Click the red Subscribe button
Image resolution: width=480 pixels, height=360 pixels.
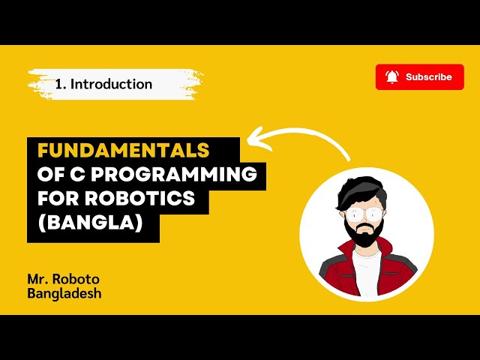(419, 76)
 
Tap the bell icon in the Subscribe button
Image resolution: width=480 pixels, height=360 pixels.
(391, 76)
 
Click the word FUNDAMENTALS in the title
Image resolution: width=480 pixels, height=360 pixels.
(123, 148)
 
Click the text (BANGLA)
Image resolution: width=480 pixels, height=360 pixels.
(90, 224)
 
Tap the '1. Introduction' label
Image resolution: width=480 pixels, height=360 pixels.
(103, 84)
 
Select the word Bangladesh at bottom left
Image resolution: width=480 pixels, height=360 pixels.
(64, 293)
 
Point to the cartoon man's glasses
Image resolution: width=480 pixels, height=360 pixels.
(361, 214)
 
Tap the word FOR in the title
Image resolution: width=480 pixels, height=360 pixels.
(56, 199)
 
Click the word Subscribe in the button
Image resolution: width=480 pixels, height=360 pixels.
(429, 76)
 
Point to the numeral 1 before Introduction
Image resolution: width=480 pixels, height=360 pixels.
(58, 84)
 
